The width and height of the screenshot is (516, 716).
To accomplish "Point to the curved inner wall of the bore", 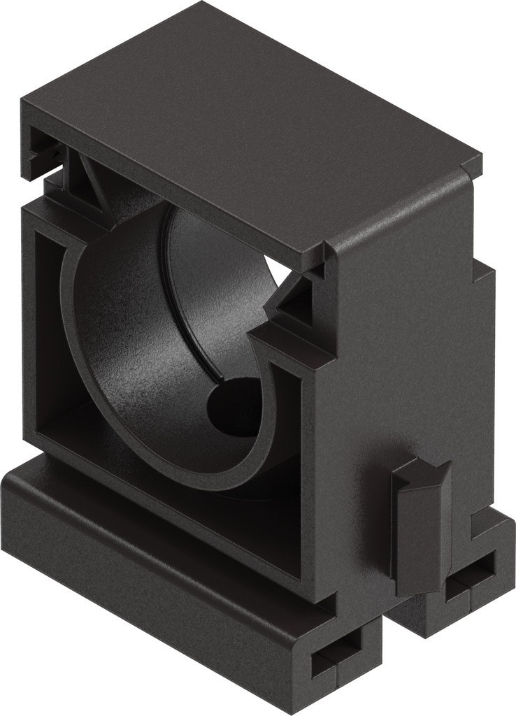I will (x=126, y=336).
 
